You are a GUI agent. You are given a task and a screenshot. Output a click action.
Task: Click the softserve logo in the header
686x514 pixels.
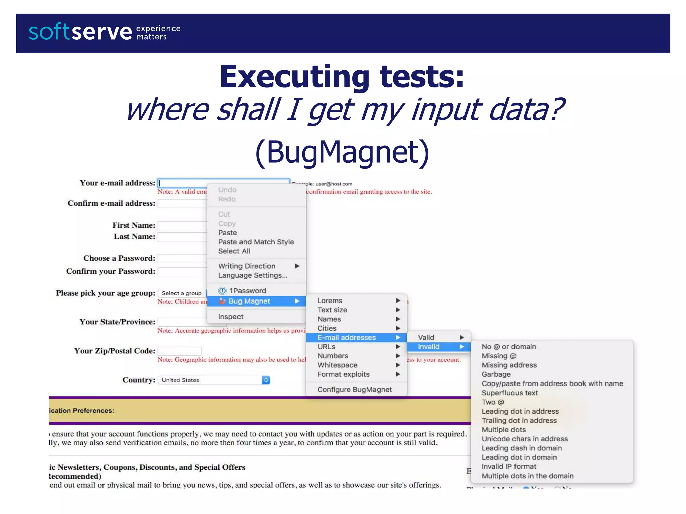(80, 32)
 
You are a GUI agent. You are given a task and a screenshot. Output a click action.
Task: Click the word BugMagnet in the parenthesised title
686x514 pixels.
(342, 152)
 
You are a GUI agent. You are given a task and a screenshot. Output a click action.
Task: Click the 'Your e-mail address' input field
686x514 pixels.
(183, 183)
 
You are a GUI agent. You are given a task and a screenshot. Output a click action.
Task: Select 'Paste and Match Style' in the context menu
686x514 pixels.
(256, 242)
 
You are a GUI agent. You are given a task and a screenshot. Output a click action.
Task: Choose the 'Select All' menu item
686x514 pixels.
(234, 251)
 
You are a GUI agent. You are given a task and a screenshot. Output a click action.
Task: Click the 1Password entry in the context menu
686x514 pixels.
(247, 291)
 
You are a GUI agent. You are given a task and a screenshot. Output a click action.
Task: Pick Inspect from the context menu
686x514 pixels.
(231, 317)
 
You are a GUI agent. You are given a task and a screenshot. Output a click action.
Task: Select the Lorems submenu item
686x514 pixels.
(330, 301)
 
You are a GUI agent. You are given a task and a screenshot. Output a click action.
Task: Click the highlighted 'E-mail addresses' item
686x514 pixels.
(347, 338)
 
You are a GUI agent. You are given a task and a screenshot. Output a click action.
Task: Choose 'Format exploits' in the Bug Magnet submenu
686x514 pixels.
(343, 374)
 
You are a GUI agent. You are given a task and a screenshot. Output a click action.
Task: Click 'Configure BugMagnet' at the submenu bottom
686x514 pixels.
(354, 390)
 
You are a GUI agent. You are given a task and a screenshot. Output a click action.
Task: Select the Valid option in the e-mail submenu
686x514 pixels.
(426, 337)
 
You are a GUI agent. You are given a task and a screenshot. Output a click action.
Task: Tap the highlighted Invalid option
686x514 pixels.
(429, 347)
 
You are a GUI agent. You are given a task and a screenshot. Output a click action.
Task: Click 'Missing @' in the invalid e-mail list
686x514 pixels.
(499, 356)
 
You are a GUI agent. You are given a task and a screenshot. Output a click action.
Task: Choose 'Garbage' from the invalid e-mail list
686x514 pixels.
(496, 374)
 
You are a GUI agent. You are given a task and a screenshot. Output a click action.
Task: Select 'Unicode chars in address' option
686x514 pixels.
(525, 439)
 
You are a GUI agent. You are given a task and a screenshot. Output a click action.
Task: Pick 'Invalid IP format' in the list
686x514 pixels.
(509, 467)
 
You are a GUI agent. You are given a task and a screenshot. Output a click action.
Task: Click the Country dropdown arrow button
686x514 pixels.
(266, 380)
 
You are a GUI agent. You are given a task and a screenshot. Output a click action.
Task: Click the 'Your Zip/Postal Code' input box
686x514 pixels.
(180, 351)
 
